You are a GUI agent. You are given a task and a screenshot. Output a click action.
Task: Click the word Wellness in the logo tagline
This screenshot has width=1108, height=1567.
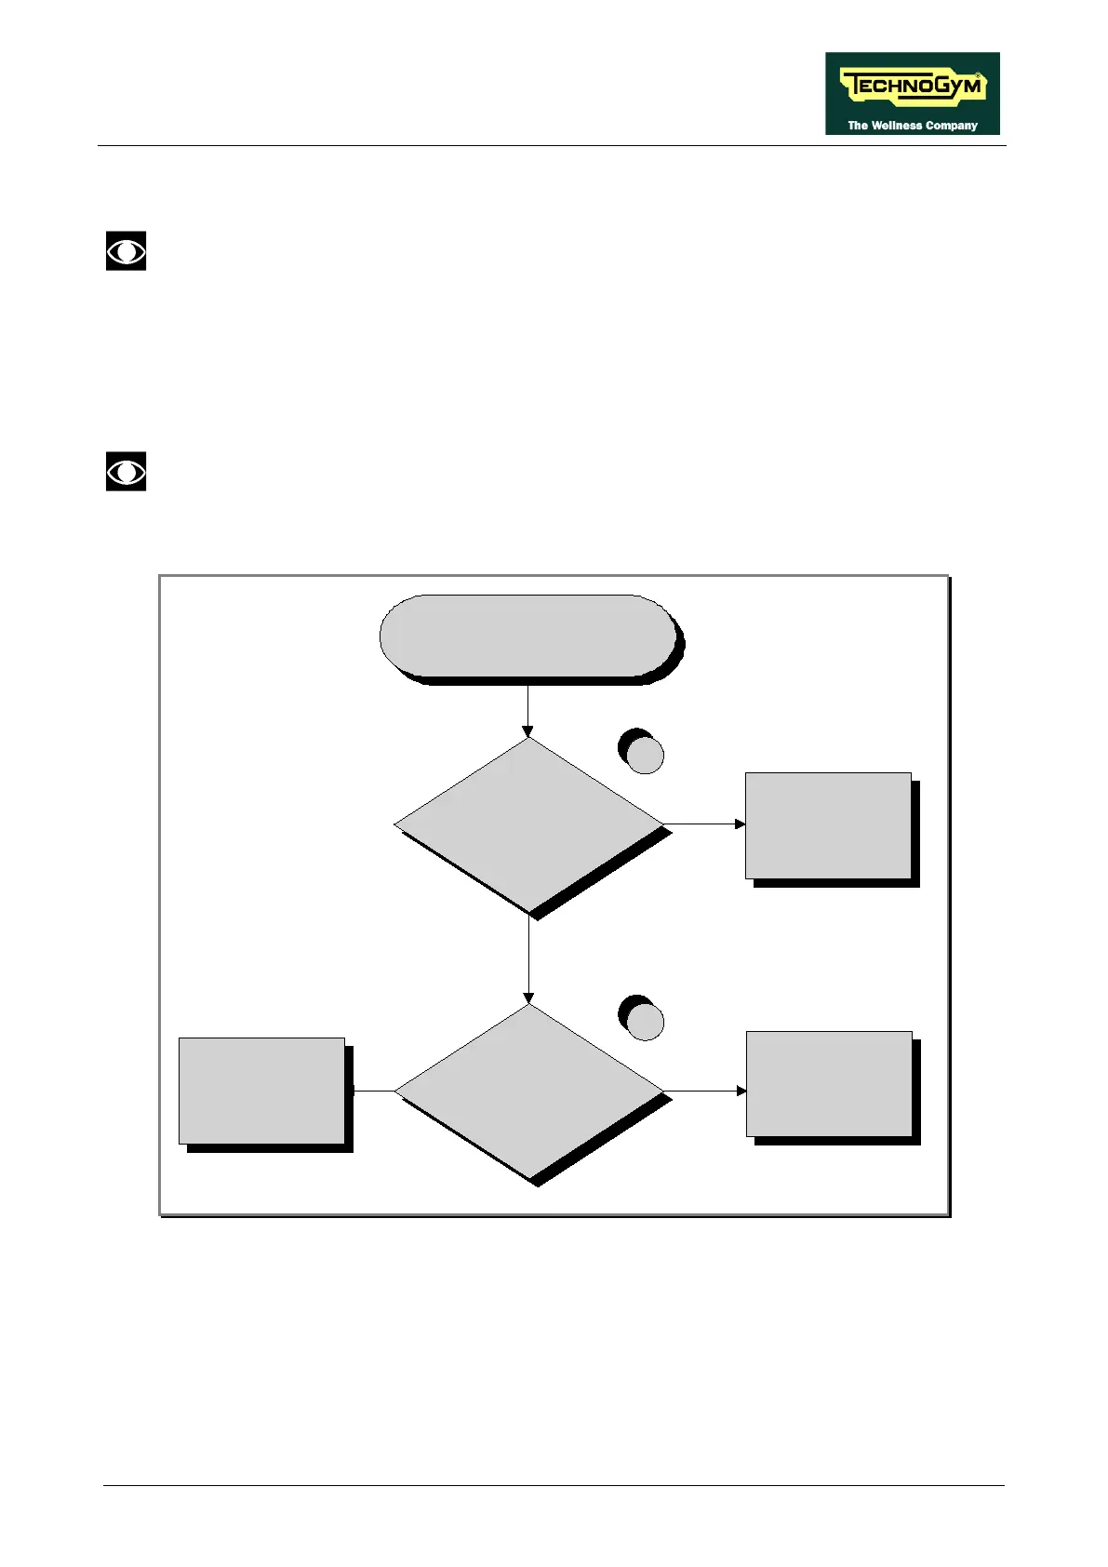pyautogui.click(x=897, y=126)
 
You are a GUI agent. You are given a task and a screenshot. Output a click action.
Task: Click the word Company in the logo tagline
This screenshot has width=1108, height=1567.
pyautogui.click(x=952, y=126)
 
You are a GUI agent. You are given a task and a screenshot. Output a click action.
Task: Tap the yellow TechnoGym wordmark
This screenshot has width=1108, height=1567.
pyautogui.click(x=912, y=87)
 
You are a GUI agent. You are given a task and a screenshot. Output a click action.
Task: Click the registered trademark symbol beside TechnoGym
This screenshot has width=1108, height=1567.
pyautogui.click(x=978, y=74)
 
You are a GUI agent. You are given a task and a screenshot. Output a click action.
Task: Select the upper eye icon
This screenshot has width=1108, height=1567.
pyautogui.click(x=126, y=251)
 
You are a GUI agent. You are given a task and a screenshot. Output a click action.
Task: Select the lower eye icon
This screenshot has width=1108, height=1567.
pyautogui.click(x=126, y=472)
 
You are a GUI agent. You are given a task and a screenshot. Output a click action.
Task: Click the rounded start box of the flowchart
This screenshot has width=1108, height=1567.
pyautogui.click(x=527, y=636)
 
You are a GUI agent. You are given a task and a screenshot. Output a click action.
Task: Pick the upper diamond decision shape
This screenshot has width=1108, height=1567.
pyautogui.click(x=528, y=824)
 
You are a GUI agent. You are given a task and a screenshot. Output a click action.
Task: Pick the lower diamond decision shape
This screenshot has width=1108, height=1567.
pyautogui.click(x=528, y=1091)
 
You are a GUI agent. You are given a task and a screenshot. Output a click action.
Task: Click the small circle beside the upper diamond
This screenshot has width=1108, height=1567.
pyautogui.click(x=645, y=755)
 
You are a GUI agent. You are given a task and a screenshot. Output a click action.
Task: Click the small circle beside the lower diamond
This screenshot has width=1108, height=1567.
pyautogui.click(x=645, y=1022)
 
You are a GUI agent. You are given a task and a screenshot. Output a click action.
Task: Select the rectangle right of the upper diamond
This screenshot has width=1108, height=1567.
pyautogui.click(x=828, y=825)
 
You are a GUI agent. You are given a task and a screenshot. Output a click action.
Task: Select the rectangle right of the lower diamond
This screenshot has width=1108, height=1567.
pyautogui.click(x=829, y=1083)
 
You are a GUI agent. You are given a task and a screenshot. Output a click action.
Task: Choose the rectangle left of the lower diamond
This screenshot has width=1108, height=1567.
pyautogui.click(x=261, y=1091)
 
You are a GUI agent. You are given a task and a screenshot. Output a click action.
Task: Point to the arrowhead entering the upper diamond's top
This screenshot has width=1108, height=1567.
pyautogui.click(x=527, y=731)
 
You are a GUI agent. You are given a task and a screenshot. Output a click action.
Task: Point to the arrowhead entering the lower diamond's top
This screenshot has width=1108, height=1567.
pyautogui.click(x=528, y=998)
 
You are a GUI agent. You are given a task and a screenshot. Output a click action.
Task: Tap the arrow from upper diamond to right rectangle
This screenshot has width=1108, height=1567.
pyautogui.click(x=704, y=824)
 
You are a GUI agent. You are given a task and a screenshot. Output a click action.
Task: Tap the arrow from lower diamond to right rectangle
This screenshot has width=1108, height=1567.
pyautogui.click(x=704, y=1091)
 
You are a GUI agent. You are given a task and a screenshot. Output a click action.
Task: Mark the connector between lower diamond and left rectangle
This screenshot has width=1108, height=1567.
pyautogui.click(x=373, y=1091)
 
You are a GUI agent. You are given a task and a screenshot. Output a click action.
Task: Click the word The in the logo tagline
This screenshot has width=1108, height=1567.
pyautogui.click(x=857, y=126)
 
